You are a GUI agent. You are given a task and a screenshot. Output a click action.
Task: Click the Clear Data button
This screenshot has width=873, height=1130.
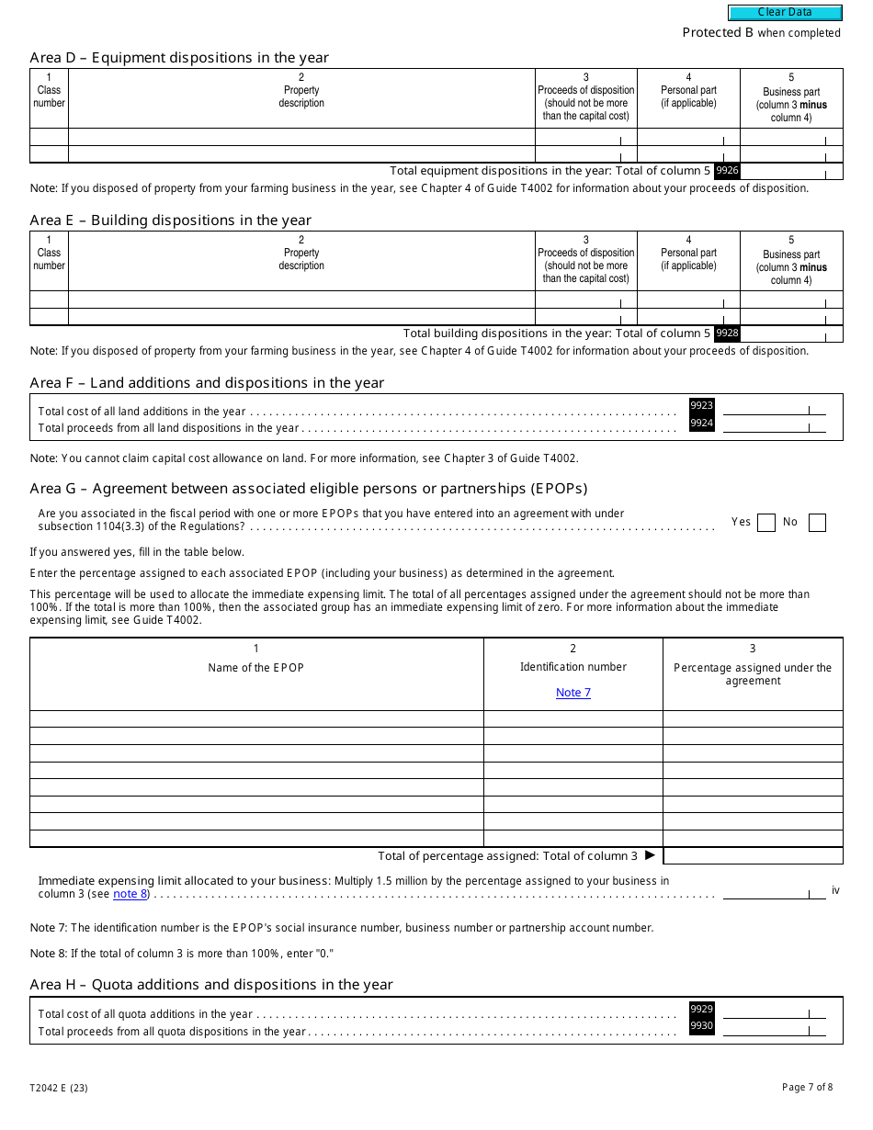pos(785,13)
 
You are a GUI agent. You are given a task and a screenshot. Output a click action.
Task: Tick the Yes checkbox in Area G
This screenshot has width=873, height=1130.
pos(765,523)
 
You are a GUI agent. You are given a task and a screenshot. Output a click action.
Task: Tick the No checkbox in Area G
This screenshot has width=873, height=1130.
pos(817,523)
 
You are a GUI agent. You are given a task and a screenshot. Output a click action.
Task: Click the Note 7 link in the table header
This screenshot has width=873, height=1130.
pos(573,693)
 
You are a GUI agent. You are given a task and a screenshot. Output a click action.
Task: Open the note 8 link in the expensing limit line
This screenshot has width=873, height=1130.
pos(130,894)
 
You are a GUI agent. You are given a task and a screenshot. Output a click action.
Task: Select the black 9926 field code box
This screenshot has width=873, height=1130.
pos(727,171)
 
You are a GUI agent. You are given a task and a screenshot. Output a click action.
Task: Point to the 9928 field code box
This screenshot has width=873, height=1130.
pos(727,333)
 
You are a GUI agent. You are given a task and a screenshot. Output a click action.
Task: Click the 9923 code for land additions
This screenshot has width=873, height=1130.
pos(701,405)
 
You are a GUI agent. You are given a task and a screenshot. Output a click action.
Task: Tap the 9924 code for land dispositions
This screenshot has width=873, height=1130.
pos(701,423)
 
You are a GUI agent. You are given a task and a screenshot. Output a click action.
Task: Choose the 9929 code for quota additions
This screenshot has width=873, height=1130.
pos(701,1009)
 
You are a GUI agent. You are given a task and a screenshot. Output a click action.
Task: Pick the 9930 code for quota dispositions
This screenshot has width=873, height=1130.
pos(701,1026)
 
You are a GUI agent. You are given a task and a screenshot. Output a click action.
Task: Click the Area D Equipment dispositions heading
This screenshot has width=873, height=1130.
pos(179,58)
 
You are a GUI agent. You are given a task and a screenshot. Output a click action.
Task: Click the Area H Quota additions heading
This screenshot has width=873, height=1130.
pos(211,985)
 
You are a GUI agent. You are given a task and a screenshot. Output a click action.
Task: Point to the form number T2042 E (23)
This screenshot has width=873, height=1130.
pos(59,1088)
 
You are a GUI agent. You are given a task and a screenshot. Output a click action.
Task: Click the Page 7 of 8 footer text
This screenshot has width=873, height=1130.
pos(807,1088)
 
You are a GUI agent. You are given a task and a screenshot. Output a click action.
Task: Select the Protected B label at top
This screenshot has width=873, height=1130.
pos(718,33)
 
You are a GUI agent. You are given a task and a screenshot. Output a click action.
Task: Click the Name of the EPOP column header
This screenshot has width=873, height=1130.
pos(256,668)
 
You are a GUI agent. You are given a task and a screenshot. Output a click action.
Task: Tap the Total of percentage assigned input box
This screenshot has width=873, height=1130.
pos(753,856)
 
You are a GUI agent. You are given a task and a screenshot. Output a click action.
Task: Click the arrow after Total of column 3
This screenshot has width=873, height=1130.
pos(650,855)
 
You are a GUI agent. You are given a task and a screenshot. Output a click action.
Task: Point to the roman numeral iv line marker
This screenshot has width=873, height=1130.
pos(835,890)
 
